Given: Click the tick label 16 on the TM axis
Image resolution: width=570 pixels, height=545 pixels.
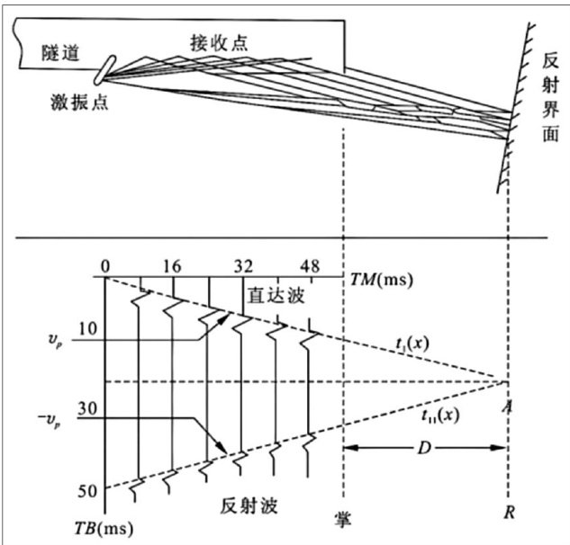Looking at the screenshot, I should tap(175, 266).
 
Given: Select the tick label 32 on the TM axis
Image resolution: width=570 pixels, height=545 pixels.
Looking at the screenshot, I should tap(242, 266).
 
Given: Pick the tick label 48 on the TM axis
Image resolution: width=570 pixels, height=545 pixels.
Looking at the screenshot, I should tap(310, 266).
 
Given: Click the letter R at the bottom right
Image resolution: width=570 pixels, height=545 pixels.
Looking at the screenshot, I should tap(511, 519).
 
